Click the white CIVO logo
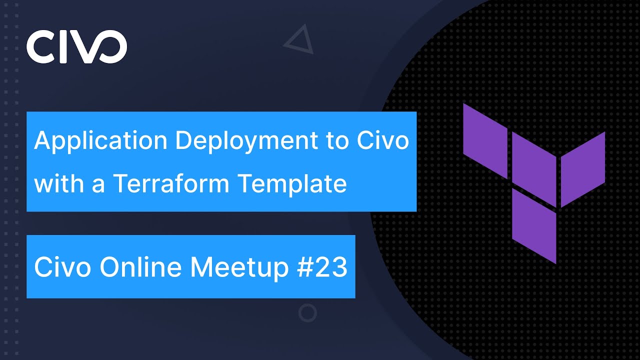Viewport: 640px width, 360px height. pyautogui.click(x=76, y=46)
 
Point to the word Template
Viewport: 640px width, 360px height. pyautogui.click(x=292, y=184)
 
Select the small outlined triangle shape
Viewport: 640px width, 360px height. pyautogui.click(x=299, y=41)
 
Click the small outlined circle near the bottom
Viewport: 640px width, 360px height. pyautogui.click(x=307, y=313)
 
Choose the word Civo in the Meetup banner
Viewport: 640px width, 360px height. pyautogui.click(x=62, y=267)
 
